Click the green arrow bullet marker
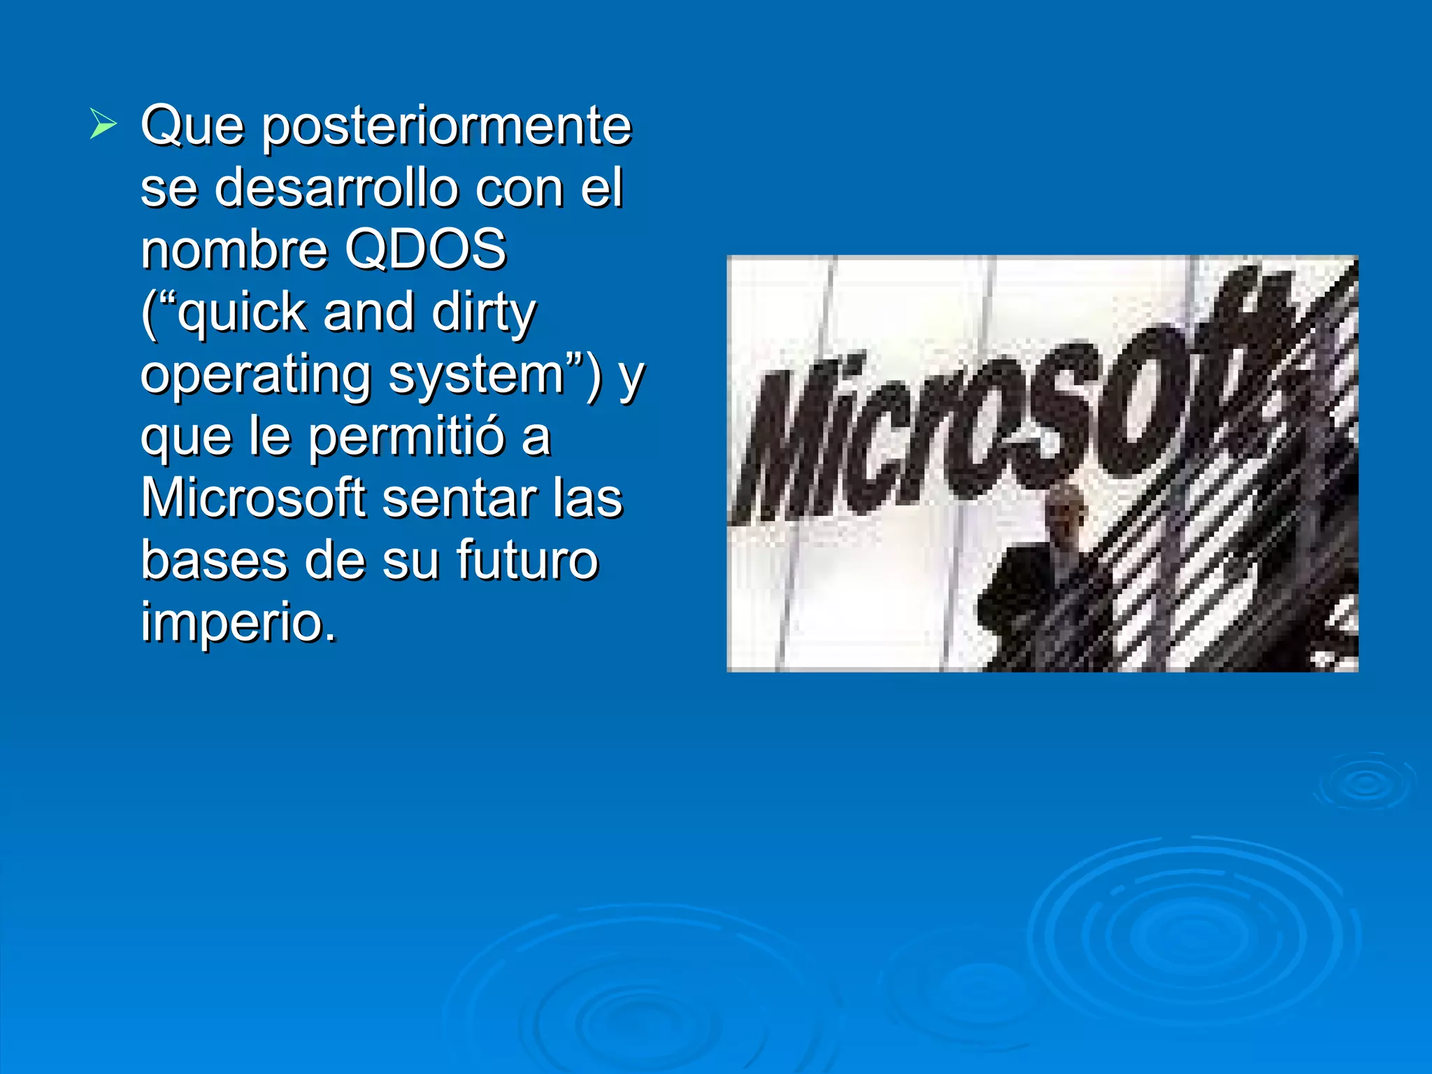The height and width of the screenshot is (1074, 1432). (103, 125)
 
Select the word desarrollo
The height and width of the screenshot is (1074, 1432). (336, 189)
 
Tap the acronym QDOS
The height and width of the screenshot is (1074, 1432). (426, 250)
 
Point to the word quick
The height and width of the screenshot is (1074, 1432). (242, 313)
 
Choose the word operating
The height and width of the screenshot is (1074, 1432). (255, 376)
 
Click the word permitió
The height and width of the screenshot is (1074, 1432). (406, 437)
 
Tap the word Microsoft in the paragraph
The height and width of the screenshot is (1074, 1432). (254, 499)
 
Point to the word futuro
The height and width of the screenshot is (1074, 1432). (527, 560)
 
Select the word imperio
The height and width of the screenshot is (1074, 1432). (238, 622)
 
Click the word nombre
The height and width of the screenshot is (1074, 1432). (234, 250)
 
